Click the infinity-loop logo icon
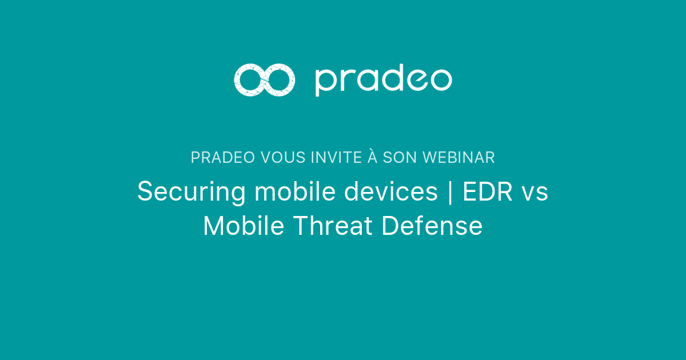pos(264,80)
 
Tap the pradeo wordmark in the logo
pos(383,81)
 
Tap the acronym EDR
pos(485,191)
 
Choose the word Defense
pos(432,226)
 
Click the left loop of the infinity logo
pos(249,80)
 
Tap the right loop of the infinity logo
pos(280,80)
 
